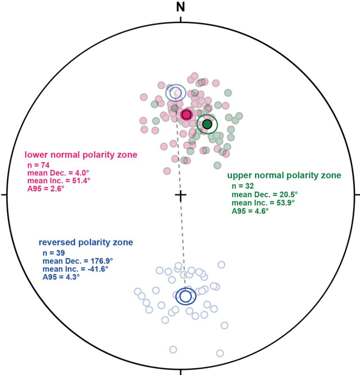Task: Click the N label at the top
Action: click(x=181, y=7)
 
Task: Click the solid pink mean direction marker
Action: click(x=186, y=114)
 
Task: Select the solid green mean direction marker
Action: click(x=207, y=124)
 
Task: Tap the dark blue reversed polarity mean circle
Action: click(x=186, y=296)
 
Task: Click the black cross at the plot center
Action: click(x=181, y=195)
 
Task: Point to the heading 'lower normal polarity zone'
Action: click(x=81, y=155)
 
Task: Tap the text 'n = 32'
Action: click(x=242, y=186)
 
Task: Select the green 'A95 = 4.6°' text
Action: click(x=250, y=211)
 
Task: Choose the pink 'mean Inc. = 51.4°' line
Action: click(x=59, y=180)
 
